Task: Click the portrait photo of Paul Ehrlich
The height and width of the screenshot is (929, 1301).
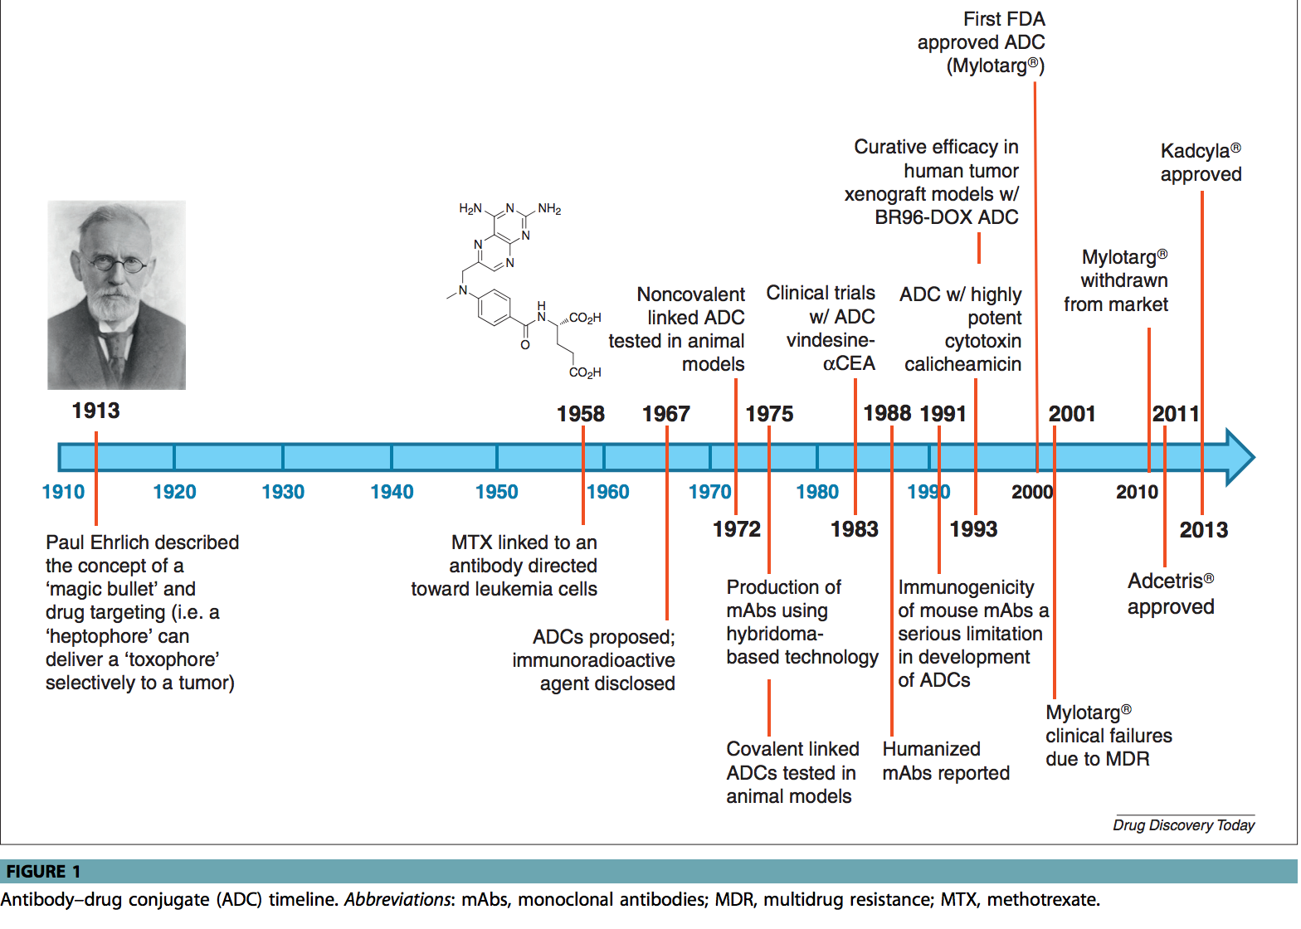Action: (116, 294)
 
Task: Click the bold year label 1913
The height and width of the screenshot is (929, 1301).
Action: (95, 411)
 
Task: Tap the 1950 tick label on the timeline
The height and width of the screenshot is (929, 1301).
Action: (496, 492)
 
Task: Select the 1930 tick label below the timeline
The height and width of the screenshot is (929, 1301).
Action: (283, 492)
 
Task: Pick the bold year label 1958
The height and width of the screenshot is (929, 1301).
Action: (580, 414)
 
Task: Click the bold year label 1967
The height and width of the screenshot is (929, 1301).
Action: (665, 414)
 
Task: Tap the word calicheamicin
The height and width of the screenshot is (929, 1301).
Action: (962, 364)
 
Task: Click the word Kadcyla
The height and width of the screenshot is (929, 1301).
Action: (1195, 151)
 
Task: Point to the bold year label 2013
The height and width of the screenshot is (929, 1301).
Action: (1203, 530)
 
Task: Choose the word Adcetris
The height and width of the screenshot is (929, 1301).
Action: (1165, 581)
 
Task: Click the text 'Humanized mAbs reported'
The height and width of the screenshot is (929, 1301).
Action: (945, 761)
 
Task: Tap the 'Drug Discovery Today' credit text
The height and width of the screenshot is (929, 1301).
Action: (1183, 824)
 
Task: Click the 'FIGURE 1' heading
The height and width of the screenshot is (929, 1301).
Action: (43, 871)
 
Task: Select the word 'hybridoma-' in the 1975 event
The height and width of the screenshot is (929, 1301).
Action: (774, 634)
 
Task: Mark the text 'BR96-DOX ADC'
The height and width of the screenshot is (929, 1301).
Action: (946, 217)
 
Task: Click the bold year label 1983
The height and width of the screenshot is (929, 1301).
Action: (854, 529)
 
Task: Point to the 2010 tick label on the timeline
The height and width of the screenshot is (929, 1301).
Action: (1136, 492)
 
